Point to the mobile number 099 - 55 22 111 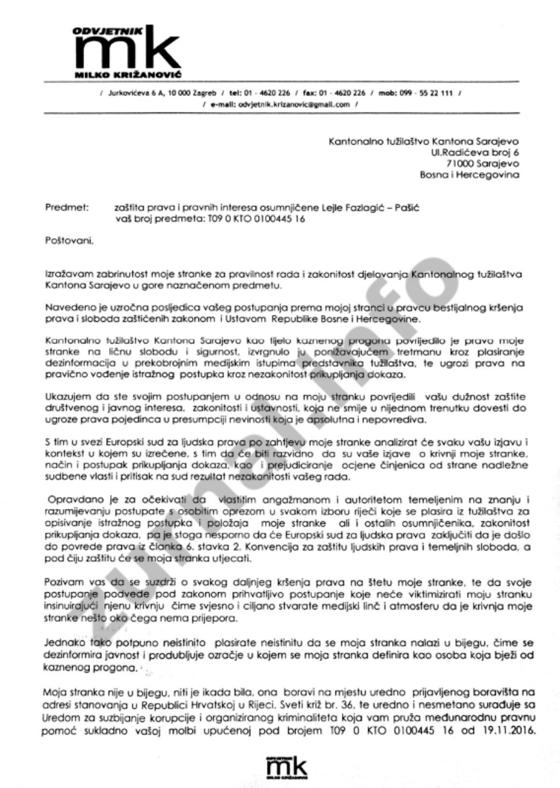click(428, 93)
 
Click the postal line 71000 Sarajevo click(482, 164)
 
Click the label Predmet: click(67, 207)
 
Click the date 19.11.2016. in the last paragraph click(510, 731)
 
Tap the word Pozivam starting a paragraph click(62, 582)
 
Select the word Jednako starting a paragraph click(64, 643)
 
